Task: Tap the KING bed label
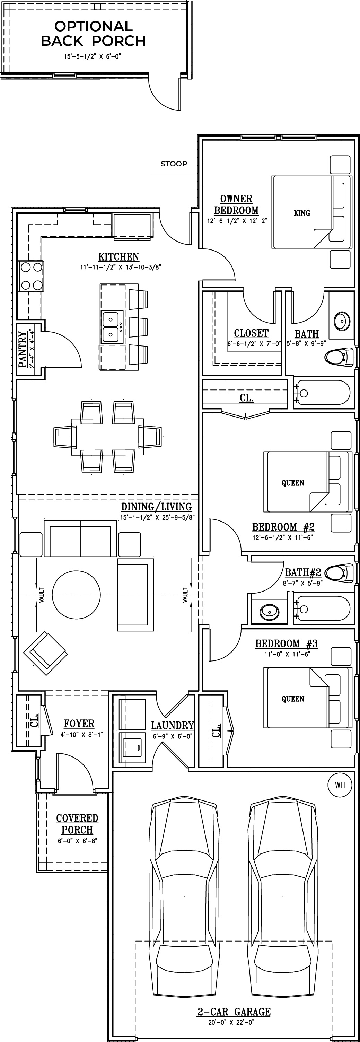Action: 302,213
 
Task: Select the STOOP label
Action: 174,164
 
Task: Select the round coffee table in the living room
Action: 76,594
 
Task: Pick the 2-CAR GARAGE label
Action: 234,1012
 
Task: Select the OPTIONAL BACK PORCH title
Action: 94,34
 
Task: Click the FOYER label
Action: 79,724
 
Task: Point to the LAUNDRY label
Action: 172,726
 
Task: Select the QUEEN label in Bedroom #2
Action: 292,483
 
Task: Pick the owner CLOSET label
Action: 251,333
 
